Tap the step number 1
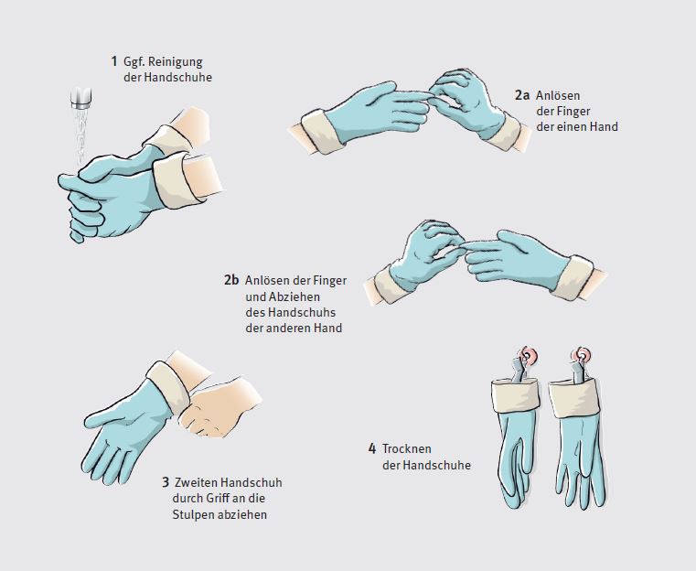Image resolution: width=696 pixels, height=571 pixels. [113, 62]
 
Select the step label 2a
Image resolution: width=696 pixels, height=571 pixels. [521, 94]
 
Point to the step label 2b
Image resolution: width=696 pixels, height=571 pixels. [231, 280]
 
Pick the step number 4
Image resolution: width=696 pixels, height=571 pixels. [372, 448]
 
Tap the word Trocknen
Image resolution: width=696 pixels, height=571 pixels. [408, 448]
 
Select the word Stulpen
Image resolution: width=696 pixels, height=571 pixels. [192, 514]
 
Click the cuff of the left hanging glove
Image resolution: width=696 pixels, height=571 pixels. [514, 395]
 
